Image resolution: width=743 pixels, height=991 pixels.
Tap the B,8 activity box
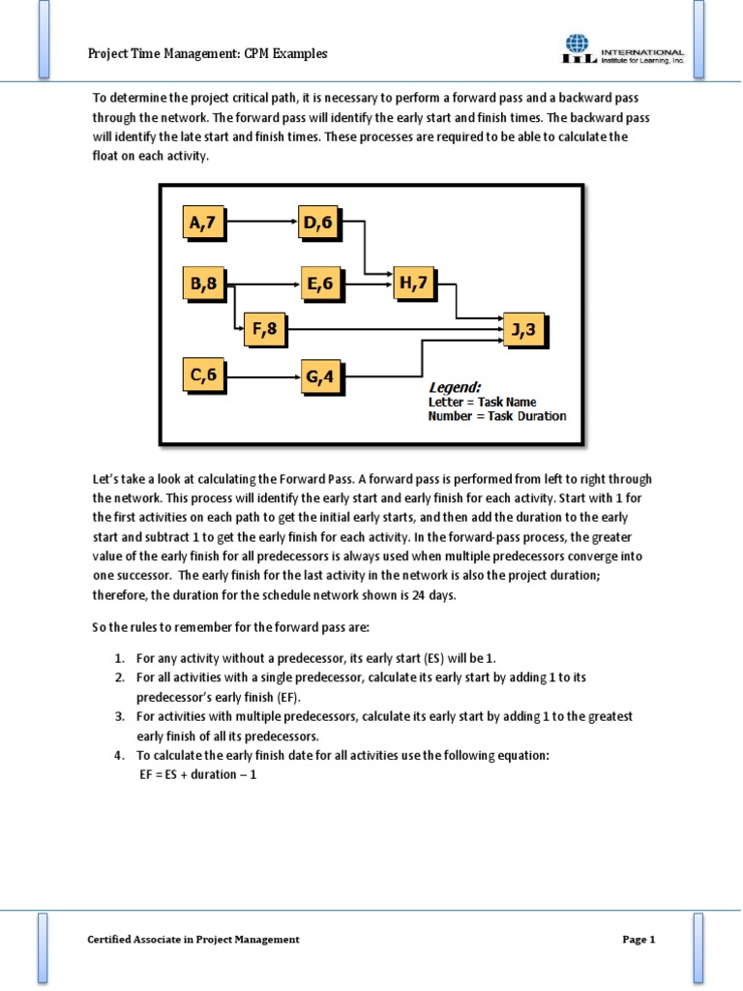[x=203, y=284]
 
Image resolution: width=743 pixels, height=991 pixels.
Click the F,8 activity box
[x=264, y=329]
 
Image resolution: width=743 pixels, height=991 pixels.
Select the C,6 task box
[x=203, y=374]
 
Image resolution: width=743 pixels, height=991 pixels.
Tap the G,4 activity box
[x=322, y=376]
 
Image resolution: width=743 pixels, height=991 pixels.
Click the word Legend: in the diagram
[x=455, y=387]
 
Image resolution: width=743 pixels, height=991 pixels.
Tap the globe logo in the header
[x=577, y=45]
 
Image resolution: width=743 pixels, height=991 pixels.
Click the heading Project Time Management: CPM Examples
[x=208, y=54]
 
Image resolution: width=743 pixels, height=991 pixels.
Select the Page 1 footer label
[x=639, y=939]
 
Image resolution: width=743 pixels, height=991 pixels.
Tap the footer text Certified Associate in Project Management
[x=193, y=939]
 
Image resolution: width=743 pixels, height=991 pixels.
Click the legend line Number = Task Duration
[x=497, y=416]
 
